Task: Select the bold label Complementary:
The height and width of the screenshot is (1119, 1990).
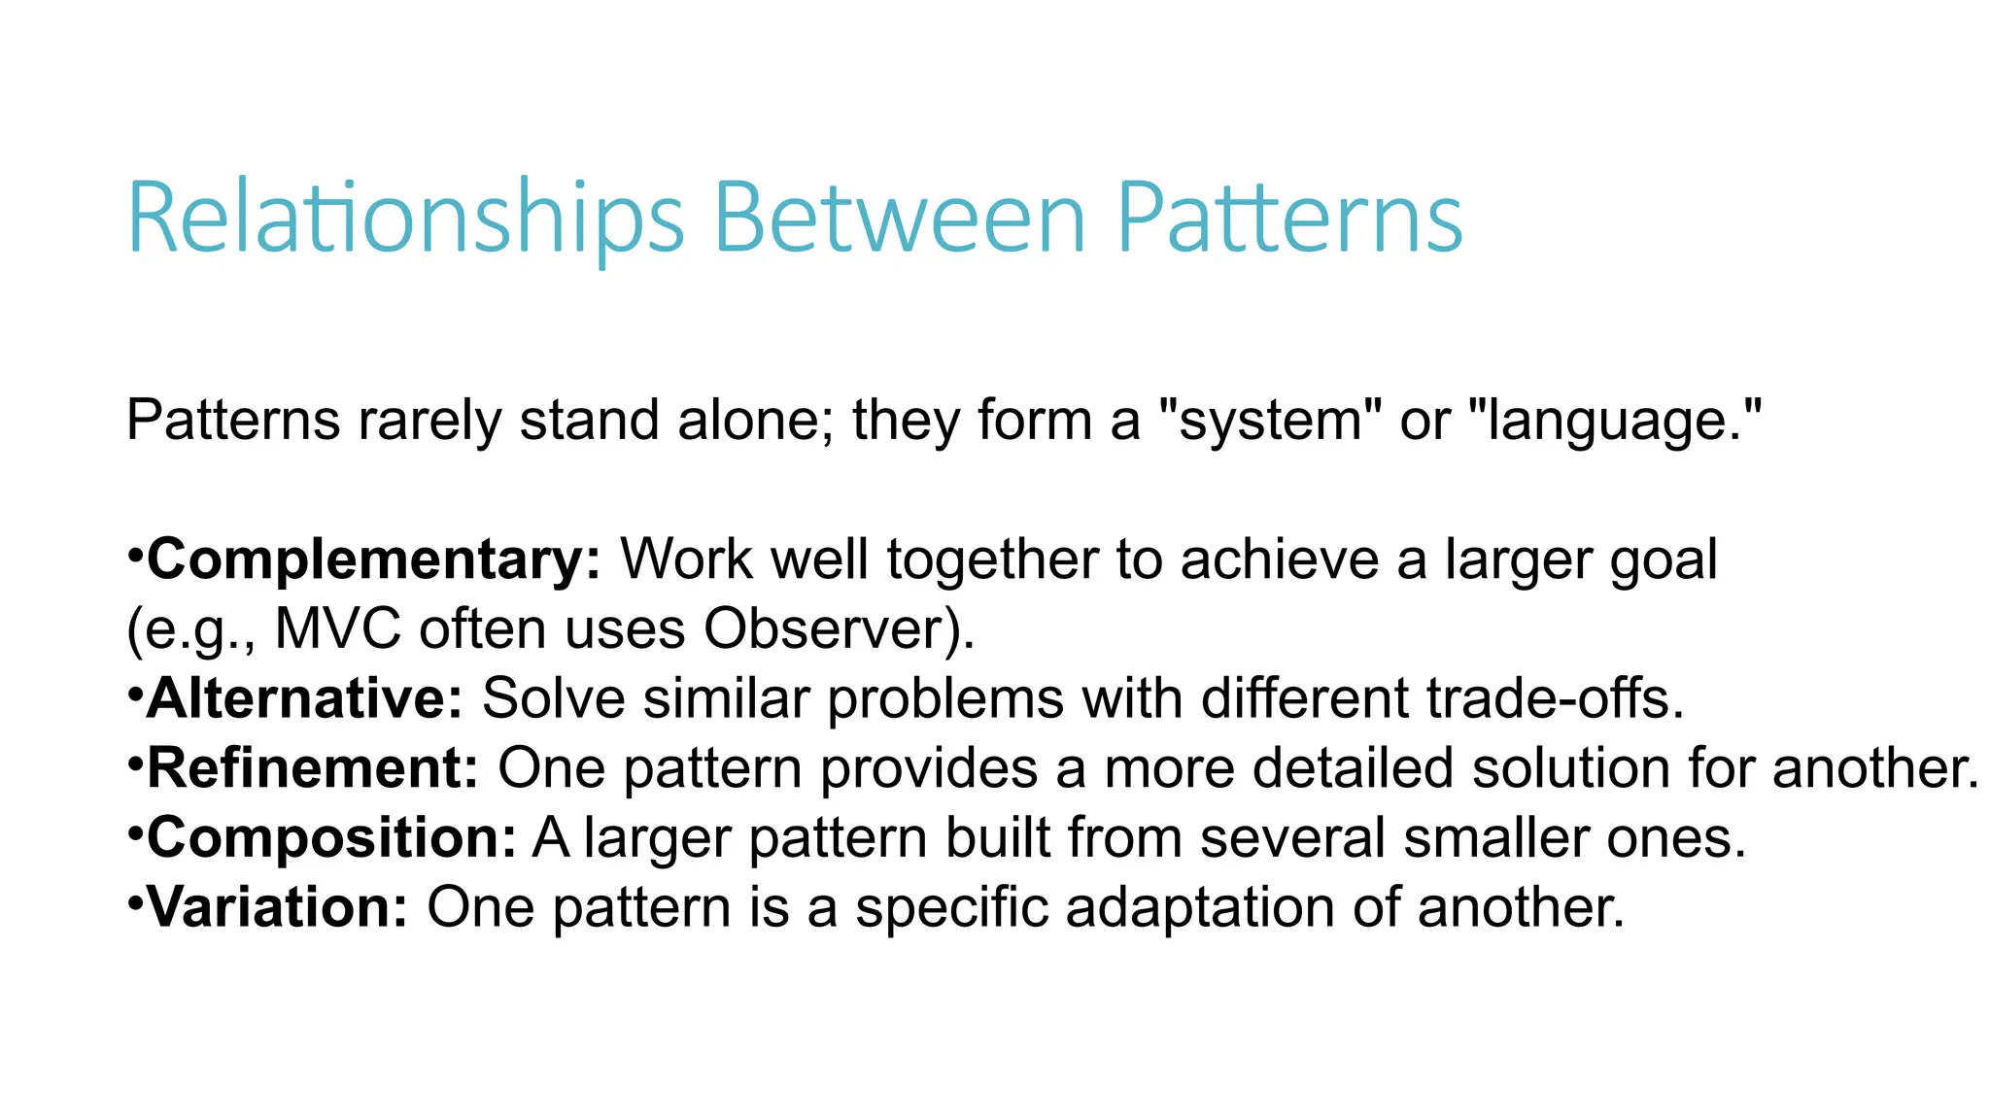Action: pos(374,560)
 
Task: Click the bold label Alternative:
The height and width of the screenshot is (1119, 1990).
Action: pos(304,699)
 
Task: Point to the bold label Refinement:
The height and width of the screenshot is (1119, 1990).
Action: pos(312,769)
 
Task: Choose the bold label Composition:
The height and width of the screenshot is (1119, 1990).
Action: pos(330,838)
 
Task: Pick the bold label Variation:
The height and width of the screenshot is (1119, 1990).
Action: pos(277,908)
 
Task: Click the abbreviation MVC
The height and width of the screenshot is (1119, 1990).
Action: pos(337,629)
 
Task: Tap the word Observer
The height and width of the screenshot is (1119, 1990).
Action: pos(825,629)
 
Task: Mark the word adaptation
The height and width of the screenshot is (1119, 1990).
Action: pos(1199,908)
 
